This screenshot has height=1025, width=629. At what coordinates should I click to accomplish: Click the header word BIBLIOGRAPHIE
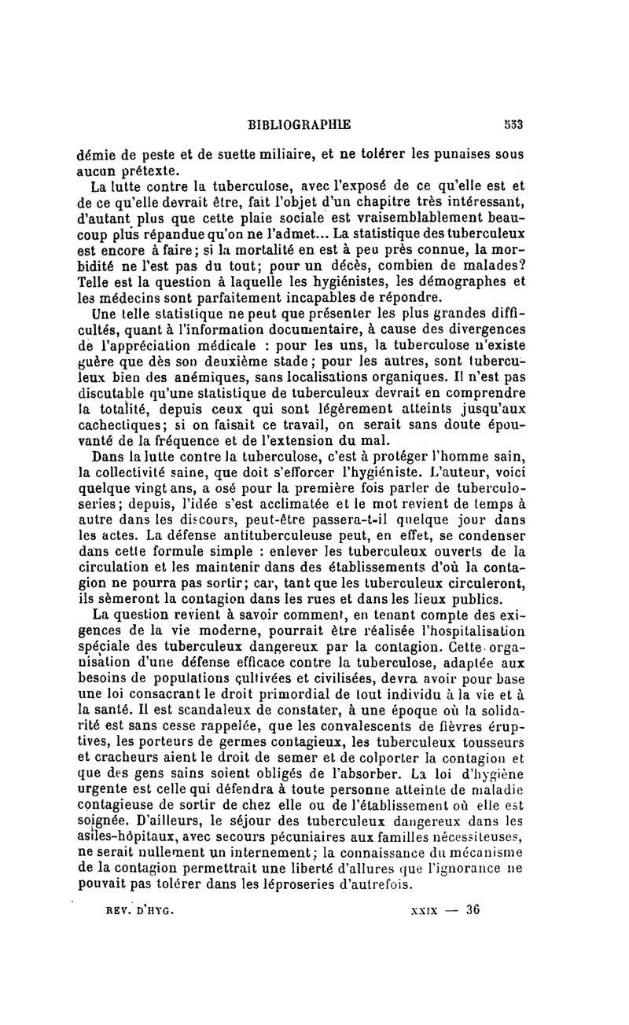[299, 123]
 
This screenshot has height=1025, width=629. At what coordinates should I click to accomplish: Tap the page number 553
[514, 123]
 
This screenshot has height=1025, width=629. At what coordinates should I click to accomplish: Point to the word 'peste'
[170, 155]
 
